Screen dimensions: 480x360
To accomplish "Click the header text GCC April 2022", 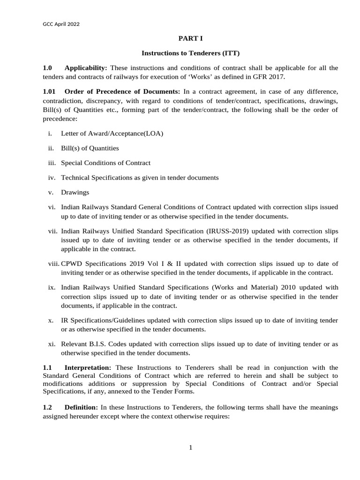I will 60,24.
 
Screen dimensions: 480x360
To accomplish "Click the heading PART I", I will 190,38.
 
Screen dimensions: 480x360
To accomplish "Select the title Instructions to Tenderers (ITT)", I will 190,54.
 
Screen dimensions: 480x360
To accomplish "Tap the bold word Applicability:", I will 86,68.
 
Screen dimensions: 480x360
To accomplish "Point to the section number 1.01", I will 49,90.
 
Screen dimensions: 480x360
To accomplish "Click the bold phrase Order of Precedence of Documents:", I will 122,90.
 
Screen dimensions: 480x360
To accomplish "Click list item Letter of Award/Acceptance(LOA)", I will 112,134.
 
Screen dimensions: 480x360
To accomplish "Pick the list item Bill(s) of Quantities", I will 90,148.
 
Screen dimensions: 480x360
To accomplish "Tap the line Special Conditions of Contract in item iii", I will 105,163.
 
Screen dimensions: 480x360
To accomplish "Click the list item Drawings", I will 75,192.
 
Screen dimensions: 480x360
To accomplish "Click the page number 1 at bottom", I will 191,448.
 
